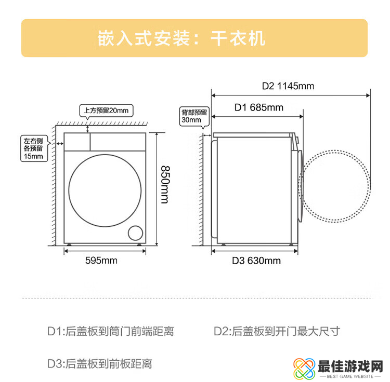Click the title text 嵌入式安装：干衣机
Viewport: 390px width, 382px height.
(181, 38)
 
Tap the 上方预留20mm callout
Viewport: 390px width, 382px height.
(106, 111)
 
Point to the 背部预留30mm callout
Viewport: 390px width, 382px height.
(194, 116)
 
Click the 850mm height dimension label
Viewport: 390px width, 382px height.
(165, 185)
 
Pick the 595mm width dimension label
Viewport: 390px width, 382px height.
(101, 261)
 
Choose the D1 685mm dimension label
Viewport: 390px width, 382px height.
(258, 107)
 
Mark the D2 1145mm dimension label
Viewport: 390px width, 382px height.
(288, 86)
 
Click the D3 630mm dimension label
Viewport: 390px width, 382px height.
(256, 261)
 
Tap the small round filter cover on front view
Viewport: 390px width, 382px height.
(135, 233)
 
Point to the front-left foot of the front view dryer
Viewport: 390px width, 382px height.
(69, 244)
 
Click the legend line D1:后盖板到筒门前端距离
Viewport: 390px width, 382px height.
(110, 331)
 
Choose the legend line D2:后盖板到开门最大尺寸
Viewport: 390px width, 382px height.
(277, 331)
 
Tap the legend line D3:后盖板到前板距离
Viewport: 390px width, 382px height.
(99, 364)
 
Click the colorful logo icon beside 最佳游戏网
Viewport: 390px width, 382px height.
(304, 368)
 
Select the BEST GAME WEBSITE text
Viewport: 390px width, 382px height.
(350, 376)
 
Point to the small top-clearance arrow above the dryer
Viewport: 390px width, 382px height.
(87, 129)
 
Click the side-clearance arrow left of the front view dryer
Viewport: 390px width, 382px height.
(60, 143)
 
